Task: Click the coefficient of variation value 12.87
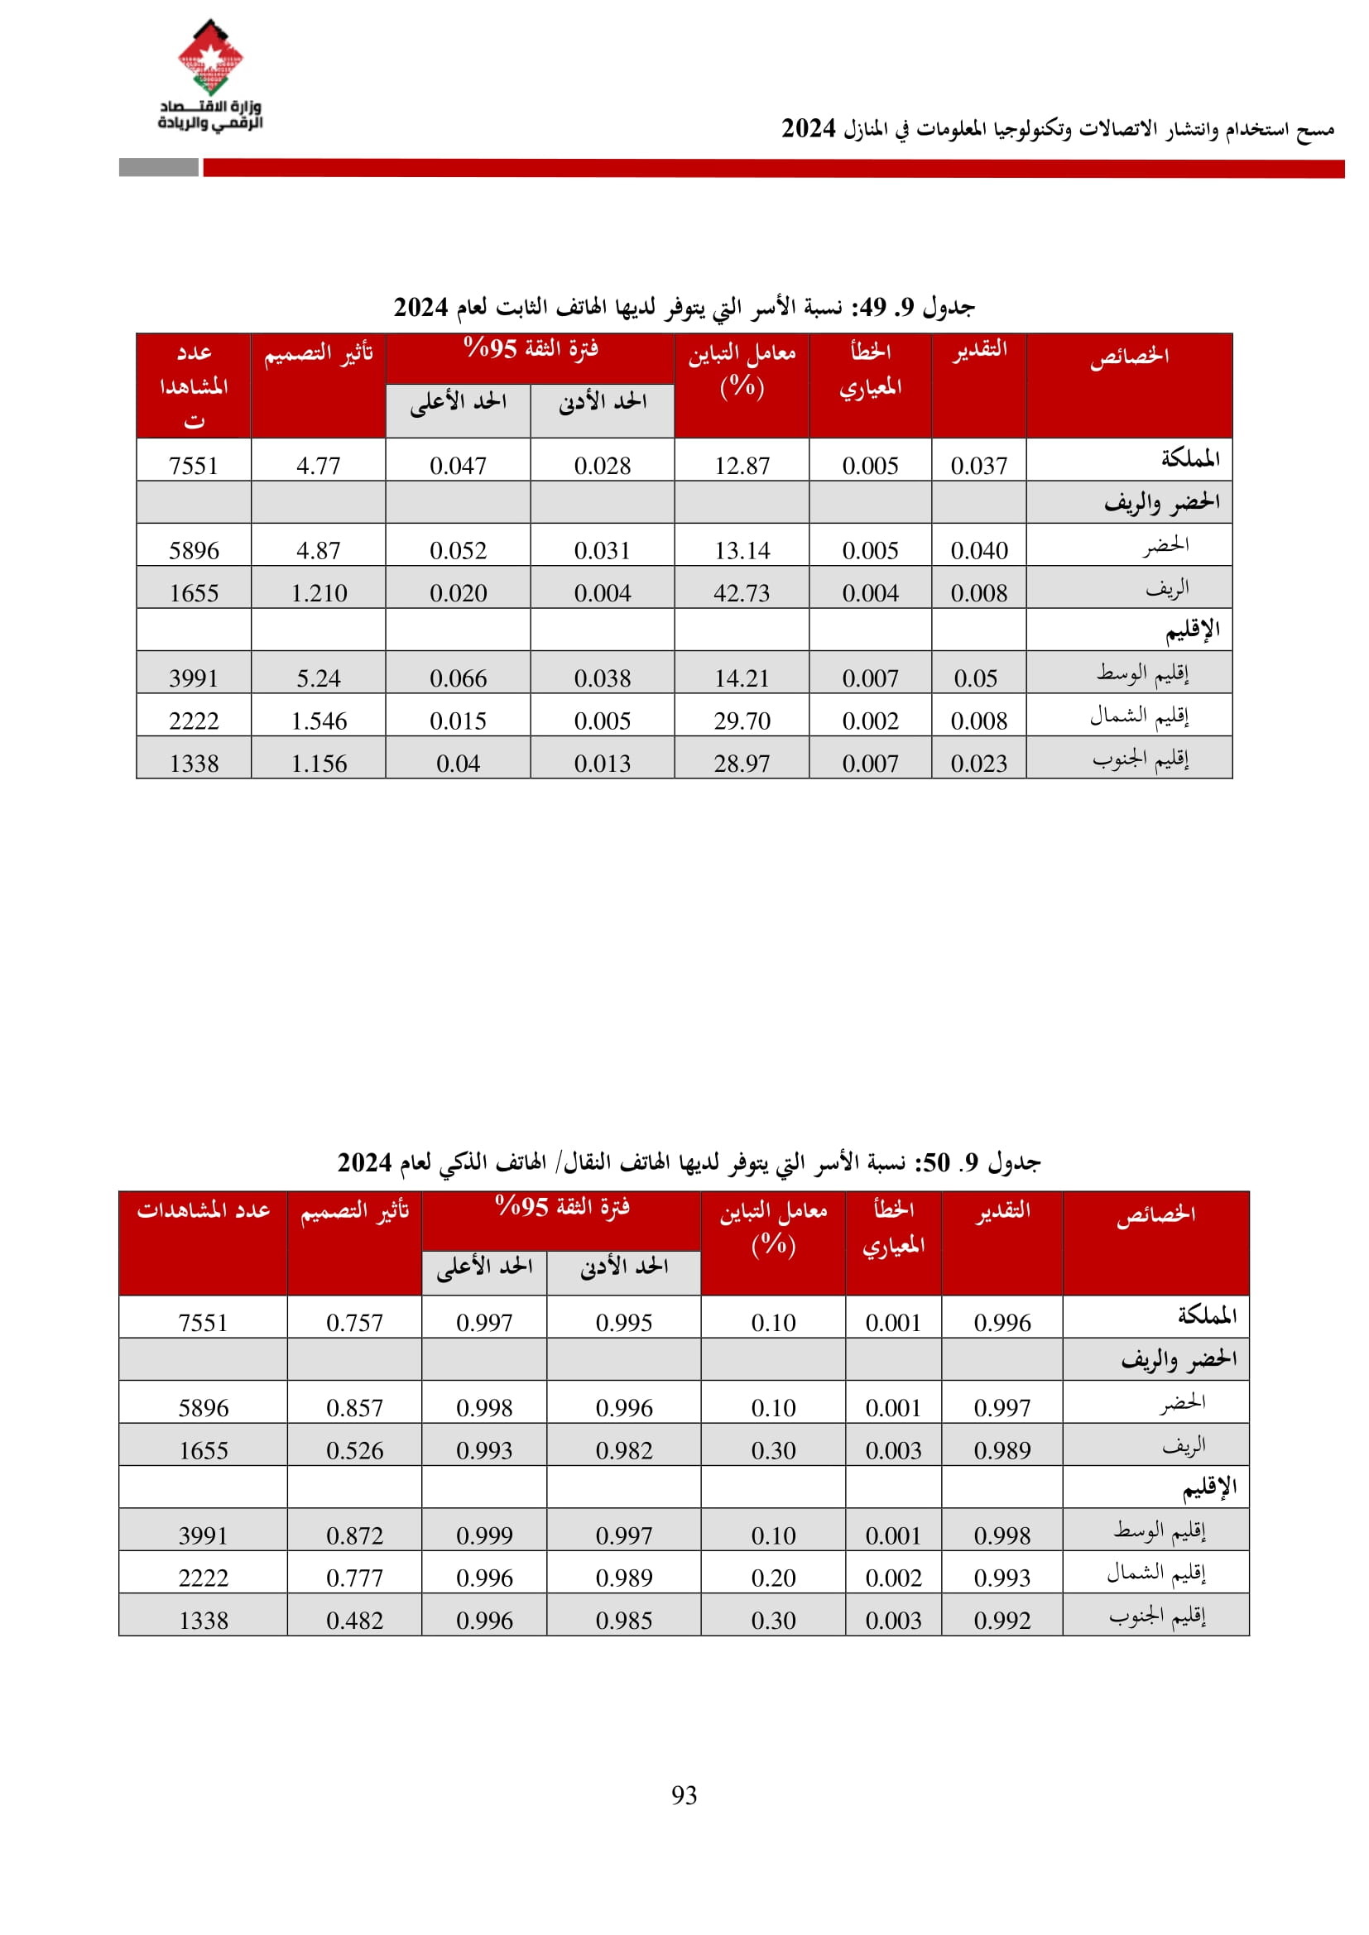[x=742, y=466]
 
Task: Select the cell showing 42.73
[x=742, y=593]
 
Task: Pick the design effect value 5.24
[x=319, y=678]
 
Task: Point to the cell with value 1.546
[x=319, y=721]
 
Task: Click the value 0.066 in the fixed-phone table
[x=458, y=678]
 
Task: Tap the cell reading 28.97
[x=742, y=764]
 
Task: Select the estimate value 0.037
[x=978, y=466]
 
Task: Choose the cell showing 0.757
[x=354, y=1323]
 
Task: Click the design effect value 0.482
[x=354, y=1621]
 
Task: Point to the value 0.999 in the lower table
[x=484, y=1535]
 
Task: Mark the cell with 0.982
[x=624, y=1450]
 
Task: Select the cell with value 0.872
[x=354, y=1535]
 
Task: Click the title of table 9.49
[x=684, y=308]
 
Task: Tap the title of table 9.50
[x=689, y=1163]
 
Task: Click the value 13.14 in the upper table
[x=742, y=551]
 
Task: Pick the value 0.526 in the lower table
[x=354, y=1450]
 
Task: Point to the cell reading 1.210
[x=319, y=593]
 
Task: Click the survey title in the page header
[x=1057, y=129]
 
